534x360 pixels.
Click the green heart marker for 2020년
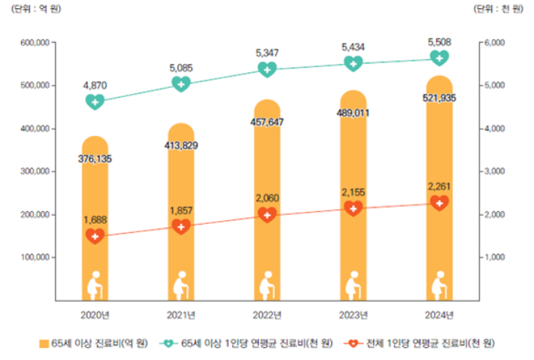(x=95, y=101)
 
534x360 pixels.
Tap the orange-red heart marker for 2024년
(x=439, y=203)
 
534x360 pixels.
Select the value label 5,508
(x=439, y=41)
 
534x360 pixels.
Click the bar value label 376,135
(x=95, y=159)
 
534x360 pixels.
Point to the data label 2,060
(x=267, y=197)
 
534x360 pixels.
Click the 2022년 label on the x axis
(x=267, y=314)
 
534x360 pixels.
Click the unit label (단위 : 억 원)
(x=32, y=9)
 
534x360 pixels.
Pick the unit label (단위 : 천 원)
(x=499, y=9)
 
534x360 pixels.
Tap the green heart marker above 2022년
(x=267, y=69)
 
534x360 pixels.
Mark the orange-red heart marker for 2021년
(x=181, y=226)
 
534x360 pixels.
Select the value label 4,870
(x=95, y=85)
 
